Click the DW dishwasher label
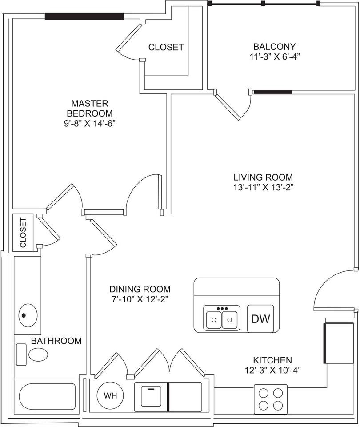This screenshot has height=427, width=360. point(260,318)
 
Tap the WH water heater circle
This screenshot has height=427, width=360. point(110,395)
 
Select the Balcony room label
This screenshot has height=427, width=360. point(274,47)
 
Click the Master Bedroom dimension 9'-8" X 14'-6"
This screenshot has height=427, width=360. point(89,123)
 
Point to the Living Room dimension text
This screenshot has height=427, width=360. point(263,187)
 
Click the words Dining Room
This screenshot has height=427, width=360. point(140,289)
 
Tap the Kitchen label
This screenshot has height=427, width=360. point(272,360)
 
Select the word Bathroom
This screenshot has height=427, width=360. point(56,341)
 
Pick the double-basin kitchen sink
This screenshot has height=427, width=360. point(222,317)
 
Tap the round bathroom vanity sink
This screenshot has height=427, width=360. point(28,316)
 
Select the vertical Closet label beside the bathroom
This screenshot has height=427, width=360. point(23,232)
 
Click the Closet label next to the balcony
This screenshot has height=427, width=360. point(166,47)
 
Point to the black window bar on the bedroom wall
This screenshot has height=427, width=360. point(84,16)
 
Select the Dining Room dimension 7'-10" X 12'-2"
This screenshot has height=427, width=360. point(140,299)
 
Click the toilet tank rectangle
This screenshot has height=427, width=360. point(21,354)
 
